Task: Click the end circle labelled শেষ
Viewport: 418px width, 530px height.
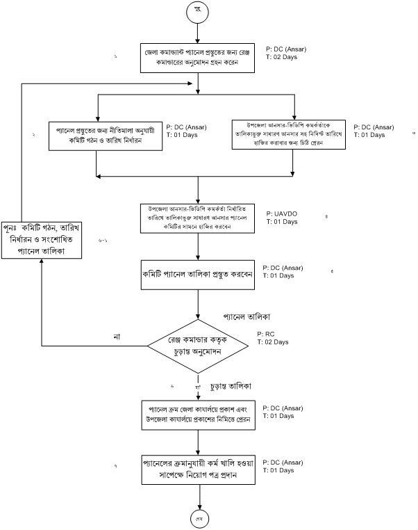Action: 199,519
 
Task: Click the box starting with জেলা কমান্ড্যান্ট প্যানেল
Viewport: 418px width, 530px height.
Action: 199,58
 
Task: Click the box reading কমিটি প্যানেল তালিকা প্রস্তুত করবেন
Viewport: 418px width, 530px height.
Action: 199,274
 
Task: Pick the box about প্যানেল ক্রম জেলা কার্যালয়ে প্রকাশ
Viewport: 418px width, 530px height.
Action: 199,414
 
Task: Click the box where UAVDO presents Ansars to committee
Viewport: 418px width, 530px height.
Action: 199,218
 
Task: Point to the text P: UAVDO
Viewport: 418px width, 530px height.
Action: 281,213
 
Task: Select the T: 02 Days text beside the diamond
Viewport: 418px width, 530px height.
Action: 272,342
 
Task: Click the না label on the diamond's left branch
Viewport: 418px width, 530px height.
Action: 117,337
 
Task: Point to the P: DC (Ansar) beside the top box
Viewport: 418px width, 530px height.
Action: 285,51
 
